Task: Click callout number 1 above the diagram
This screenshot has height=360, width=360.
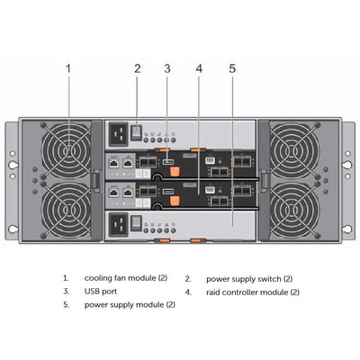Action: click(68, 67)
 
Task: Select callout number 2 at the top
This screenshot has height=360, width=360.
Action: click(137, 67)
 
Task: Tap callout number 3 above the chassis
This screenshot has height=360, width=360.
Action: click(167, 67)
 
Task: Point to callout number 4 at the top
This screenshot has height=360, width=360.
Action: click(199, 67)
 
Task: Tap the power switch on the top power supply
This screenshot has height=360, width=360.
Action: click(137, 131)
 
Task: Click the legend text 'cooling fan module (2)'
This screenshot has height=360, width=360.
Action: click(126, 279)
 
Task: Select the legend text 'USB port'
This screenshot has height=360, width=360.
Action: click(101, 292)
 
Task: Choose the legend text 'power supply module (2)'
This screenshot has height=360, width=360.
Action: click(130, 305)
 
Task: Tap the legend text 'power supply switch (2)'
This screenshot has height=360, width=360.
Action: click(249, 279)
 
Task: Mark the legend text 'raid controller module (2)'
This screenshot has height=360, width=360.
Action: click(253, 292)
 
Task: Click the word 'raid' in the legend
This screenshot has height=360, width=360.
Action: click(214, 292)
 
